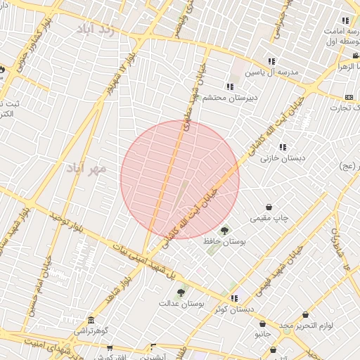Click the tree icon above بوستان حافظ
225,230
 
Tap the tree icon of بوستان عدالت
181,292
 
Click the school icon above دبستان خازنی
283,147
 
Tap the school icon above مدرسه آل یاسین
271,61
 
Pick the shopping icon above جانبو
263,325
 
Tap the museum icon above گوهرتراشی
91,320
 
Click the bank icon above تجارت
349,97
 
